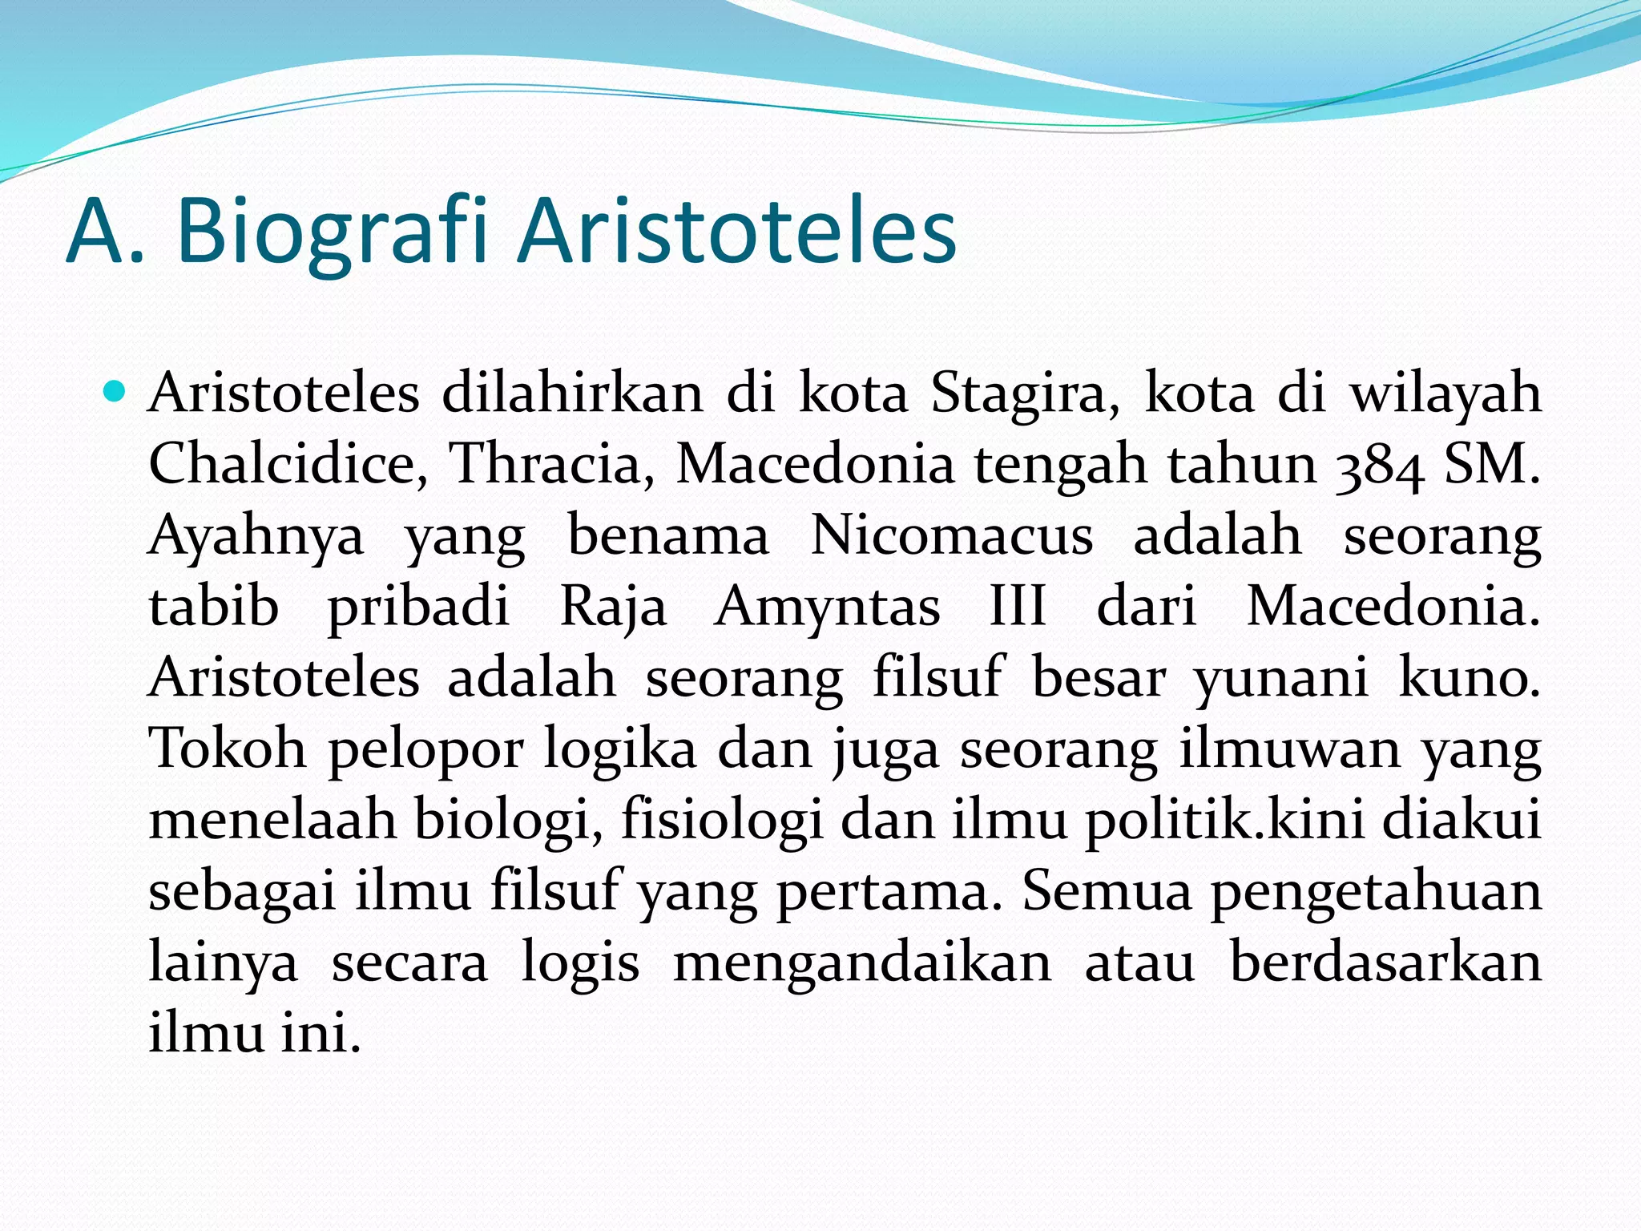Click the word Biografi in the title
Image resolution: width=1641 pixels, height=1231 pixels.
point(332,232)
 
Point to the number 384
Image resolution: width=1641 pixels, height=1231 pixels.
point(1379,466)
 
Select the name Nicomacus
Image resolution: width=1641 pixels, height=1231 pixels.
point(951,535)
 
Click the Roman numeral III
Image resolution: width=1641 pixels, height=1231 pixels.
point(1018,605)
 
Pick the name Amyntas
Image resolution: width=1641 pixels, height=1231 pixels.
point(828,607)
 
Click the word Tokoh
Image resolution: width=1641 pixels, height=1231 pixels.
point(228,748)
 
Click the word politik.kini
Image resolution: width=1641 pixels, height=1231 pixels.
point(1224,821)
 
